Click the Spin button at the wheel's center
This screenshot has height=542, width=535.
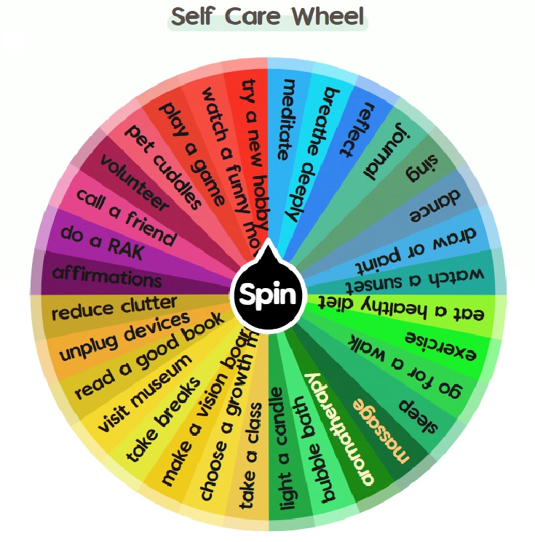click(x=267, y=295)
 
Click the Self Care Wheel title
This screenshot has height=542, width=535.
click(x=268, y=16)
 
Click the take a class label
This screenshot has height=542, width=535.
click(x=250, y=465)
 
